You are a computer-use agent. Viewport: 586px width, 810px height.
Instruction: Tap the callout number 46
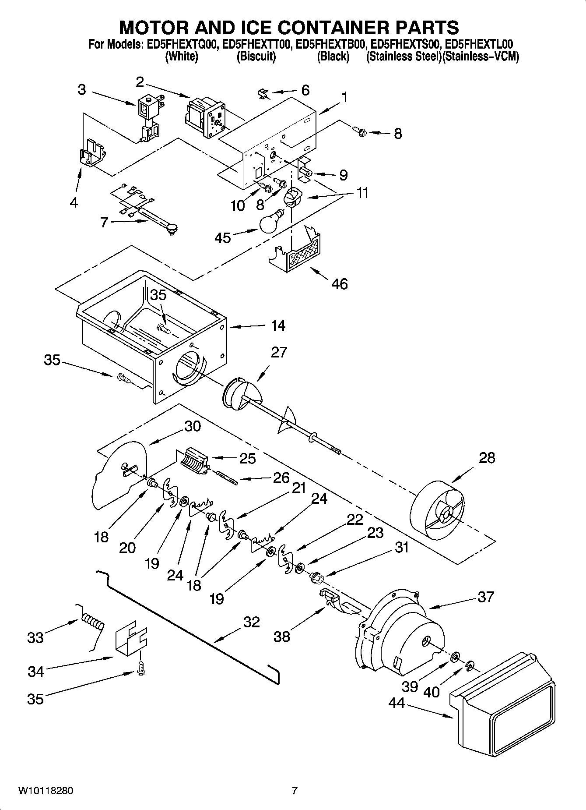click(x=339, y=284)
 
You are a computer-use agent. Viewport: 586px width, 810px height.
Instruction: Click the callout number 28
click(x=487, y=458)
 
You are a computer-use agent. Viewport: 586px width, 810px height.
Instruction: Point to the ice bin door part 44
click(x=503, y=686)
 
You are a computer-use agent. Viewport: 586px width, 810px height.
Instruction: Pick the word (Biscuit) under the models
click(x=256, y=57)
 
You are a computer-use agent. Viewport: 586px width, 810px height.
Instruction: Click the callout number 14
click(x=278, y=325)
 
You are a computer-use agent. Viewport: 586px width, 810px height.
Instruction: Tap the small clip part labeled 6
click(x=263, y=93)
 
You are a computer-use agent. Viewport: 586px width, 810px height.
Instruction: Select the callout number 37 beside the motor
click(x=485, y=597)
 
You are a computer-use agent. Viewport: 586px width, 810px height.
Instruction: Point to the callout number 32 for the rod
click(x=251, y=622)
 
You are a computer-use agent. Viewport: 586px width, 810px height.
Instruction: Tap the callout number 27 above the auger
click(x=278, y=352)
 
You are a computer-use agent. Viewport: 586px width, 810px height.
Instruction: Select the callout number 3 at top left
click(x=82, y=90)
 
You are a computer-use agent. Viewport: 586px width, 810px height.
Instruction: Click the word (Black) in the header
click(x=333, y=57)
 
